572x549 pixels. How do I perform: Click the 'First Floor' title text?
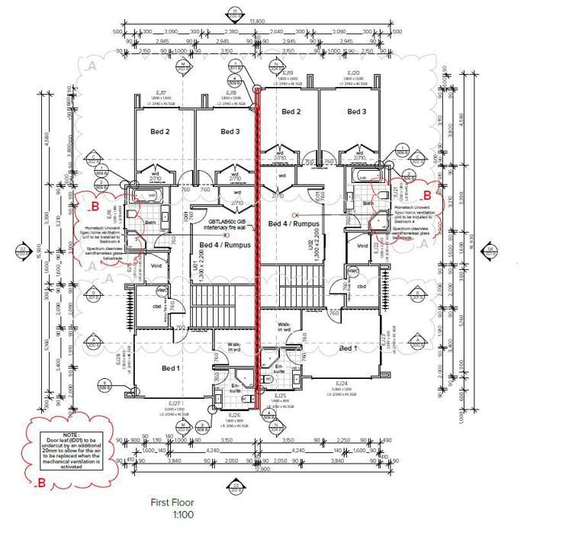(173, 502)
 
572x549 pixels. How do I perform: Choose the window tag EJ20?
(352, 72)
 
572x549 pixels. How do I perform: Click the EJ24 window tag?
(340, 383)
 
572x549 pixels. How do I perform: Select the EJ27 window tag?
(173, 403)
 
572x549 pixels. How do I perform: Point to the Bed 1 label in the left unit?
(172, 368)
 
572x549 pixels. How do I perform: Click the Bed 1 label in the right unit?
(348, 348)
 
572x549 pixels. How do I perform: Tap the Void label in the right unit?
(362, 246)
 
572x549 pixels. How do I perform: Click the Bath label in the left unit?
(150, 223)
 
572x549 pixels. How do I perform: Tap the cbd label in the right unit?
(362, 286)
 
